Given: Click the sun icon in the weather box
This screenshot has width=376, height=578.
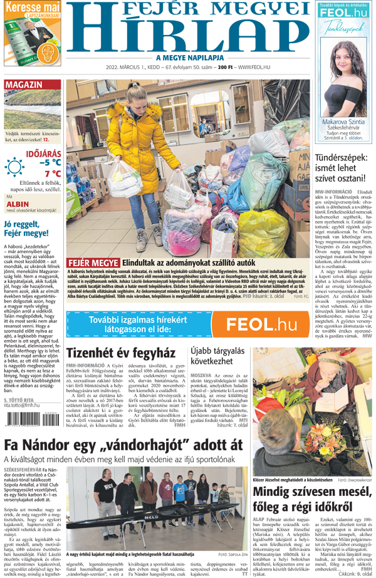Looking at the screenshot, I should point(14,167).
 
